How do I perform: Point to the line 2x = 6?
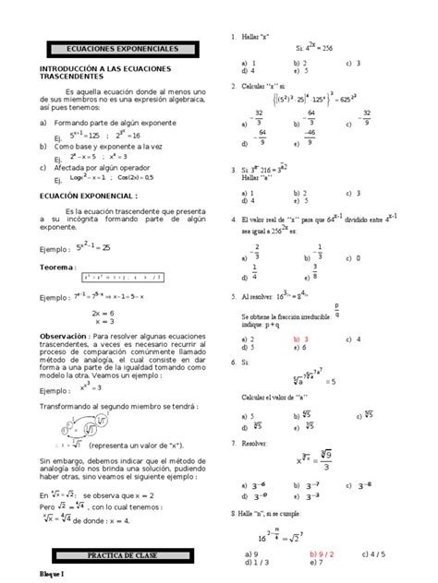click(x=102, y=313)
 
